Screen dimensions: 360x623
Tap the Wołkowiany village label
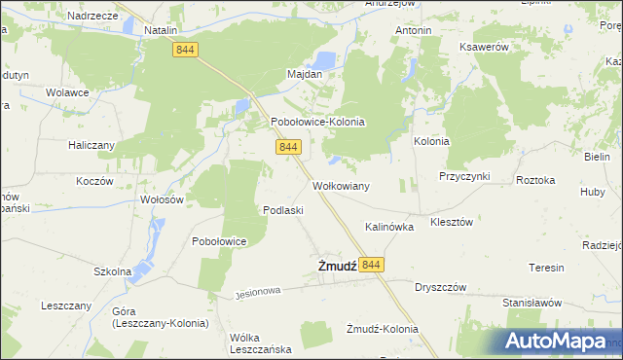click(x=340, y=185)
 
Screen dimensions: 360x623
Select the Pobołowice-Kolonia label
click(x=317, y=123)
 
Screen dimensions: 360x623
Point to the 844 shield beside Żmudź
click(x=371, y=265)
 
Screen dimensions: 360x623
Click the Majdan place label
click(x=305, y=74)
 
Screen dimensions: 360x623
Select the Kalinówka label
click(x=389, y=226)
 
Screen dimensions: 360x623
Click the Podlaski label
click(x=284, y=210)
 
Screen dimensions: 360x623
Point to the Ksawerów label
click(x=487, y=49)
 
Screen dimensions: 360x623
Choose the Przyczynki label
click(x=464, y=176)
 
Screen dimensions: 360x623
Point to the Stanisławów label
click(x=532, y=303)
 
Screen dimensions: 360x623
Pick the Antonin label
click(x=413, y=31)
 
